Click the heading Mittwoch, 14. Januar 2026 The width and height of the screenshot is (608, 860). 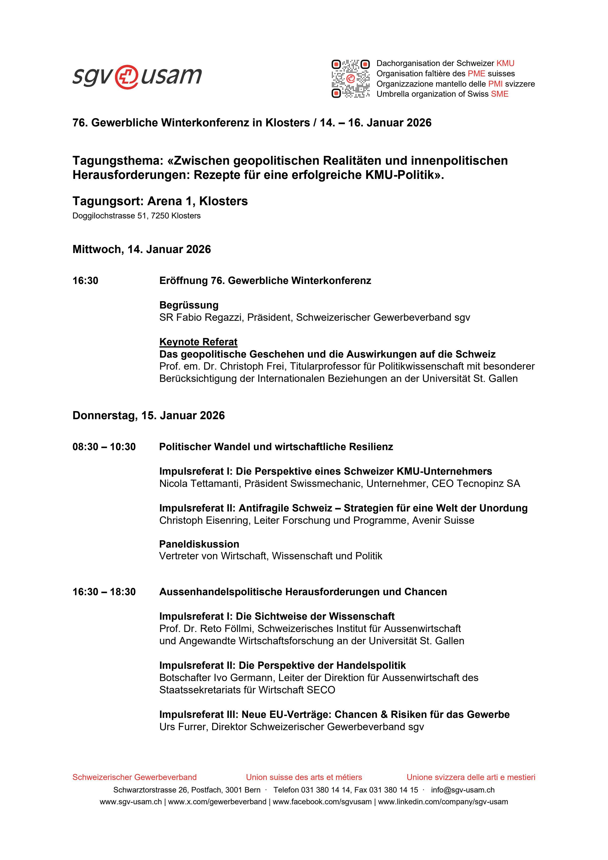[x=142, y=249]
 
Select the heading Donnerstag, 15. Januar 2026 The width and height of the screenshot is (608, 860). [x=149, y=415]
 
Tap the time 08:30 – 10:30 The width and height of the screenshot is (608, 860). [x=104, y=447]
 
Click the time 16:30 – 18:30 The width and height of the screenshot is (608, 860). [x=104, y=592]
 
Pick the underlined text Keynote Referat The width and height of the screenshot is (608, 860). [x=198, y=342]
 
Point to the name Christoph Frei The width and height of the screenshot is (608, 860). [x=246, y=366]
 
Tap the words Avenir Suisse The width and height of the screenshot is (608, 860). [x=443, y=520]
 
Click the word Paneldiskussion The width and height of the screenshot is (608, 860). [x=199, y=544]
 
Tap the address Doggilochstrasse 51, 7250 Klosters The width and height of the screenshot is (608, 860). [x=136, y=216]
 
